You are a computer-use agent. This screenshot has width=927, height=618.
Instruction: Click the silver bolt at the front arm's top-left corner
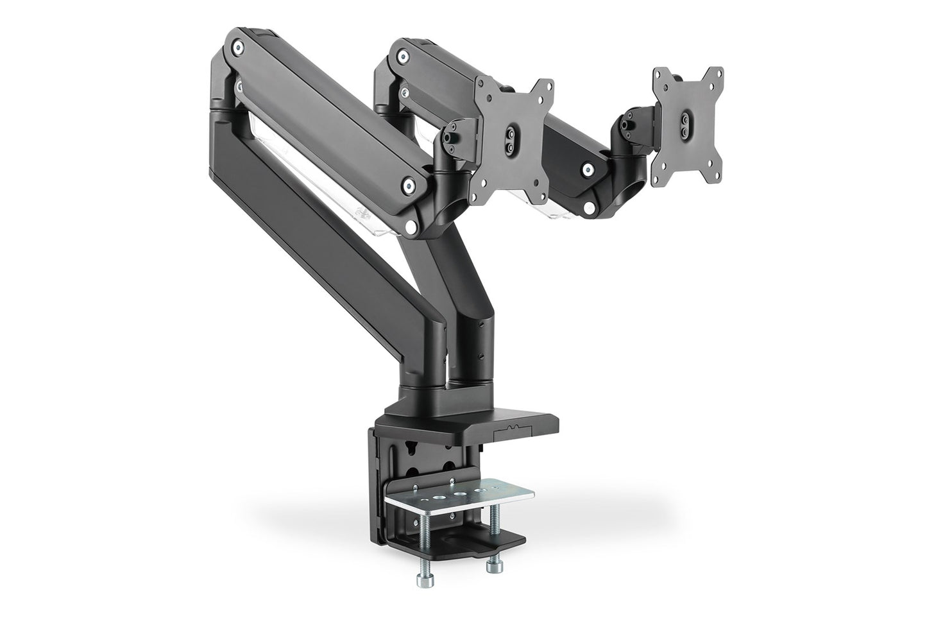click(239, 47)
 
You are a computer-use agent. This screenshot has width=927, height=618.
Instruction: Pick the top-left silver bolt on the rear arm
click(404, 58)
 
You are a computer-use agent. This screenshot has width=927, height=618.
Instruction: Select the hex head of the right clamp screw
click(494, 567)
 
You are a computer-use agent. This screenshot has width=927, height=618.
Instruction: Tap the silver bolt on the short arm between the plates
click(587, 170)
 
